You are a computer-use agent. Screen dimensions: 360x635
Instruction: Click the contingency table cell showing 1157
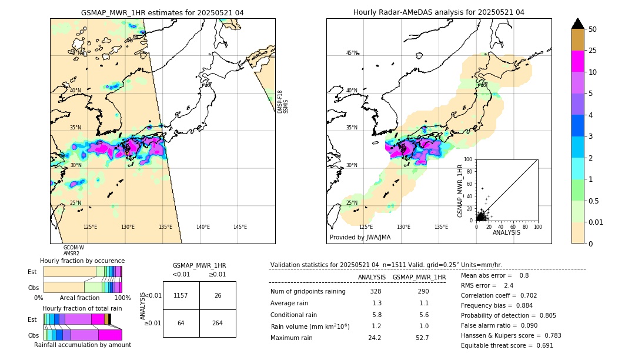[181, 295]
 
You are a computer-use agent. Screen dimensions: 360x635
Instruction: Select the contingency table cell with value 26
[218, 295]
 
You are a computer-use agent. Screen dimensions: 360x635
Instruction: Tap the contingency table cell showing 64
[181, 323]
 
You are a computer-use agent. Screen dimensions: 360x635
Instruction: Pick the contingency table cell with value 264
[218, 323]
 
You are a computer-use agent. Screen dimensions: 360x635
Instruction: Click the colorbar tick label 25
[593, 51]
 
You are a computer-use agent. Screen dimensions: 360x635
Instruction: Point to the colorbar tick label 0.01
[596, 222]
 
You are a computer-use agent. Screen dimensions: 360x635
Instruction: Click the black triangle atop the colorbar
[577, 24]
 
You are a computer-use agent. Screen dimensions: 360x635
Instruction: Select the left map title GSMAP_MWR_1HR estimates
[162, 12]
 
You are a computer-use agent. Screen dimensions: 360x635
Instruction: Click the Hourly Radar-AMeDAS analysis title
[439, 12]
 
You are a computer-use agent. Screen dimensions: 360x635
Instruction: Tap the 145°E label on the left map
[240, 227]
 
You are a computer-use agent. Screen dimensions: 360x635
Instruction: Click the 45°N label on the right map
[352, 53]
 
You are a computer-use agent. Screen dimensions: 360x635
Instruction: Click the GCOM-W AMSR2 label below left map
[73, 251]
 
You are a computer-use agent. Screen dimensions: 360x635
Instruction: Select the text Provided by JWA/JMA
[360, 237]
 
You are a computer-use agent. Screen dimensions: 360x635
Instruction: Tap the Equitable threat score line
[507, 345]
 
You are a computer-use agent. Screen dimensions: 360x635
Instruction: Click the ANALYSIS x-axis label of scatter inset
[506, 232]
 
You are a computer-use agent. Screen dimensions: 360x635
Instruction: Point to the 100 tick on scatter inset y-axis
[469, 159]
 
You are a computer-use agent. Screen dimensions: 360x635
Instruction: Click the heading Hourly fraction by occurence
[82, 261]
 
